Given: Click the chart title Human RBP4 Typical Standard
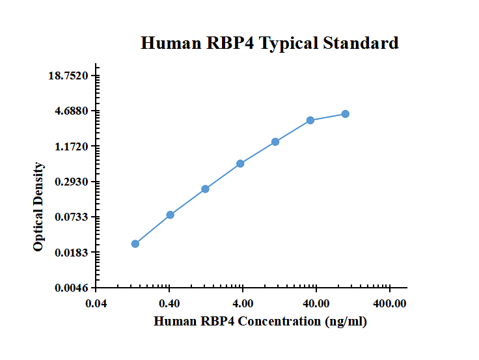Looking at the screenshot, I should tap(269, 44).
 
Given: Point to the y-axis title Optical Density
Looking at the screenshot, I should tap(39, 207).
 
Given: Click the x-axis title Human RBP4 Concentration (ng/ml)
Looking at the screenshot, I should tap(260, 321).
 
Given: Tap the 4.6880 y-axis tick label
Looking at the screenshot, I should tap(72, 111).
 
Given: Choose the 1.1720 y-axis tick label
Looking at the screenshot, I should tap(72, 146).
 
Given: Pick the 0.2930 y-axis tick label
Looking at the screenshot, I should tap(72, 182).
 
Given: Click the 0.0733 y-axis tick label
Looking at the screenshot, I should tap(72, 217).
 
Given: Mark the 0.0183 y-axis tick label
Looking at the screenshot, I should tap(72, 253).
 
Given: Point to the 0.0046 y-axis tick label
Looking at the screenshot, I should tap(72, 288).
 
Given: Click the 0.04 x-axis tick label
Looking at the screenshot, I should tap(96, 303).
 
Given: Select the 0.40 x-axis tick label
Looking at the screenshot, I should tap(169, 303).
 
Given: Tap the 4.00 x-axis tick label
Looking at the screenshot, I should tap(243, 303).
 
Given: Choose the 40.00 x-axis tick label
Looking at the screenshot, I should tap(316, 303).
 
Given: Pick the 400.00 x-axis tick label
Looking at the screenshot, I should tap(389, 303).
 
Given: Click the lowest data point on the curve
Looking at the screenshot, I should tap(135, 243).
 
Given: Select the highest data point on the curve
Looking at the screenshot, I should tap(346, 114).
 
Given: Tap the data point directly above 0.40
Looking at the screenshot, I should tap(171, 215).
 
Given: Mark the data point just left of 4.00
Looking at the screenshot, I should tap(240, 163).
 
